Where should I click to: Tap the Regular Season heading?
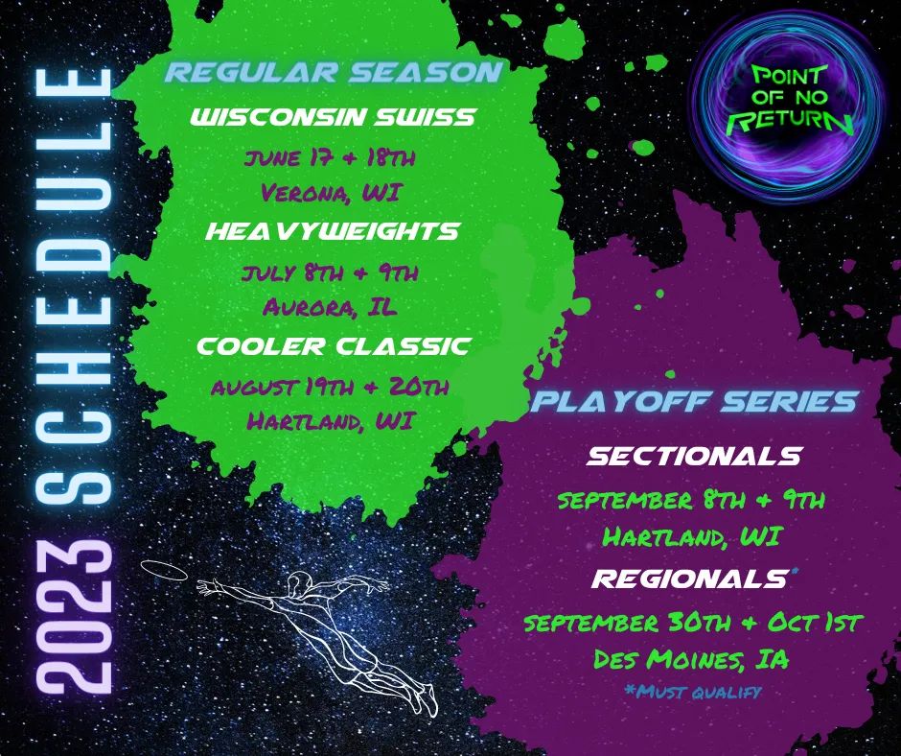click(334, 74)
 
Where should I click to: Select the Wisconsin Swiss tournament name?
click(334, 118)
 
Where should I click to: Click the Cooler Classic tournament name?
click(334, 346)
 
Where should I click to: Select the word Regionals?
click(686, 579)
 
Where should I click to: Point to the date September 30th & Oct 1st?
click(693, 623)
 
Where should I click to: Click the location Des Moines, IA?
click(693, 660)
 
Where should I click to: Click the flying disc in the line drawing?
click(163, 568)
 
